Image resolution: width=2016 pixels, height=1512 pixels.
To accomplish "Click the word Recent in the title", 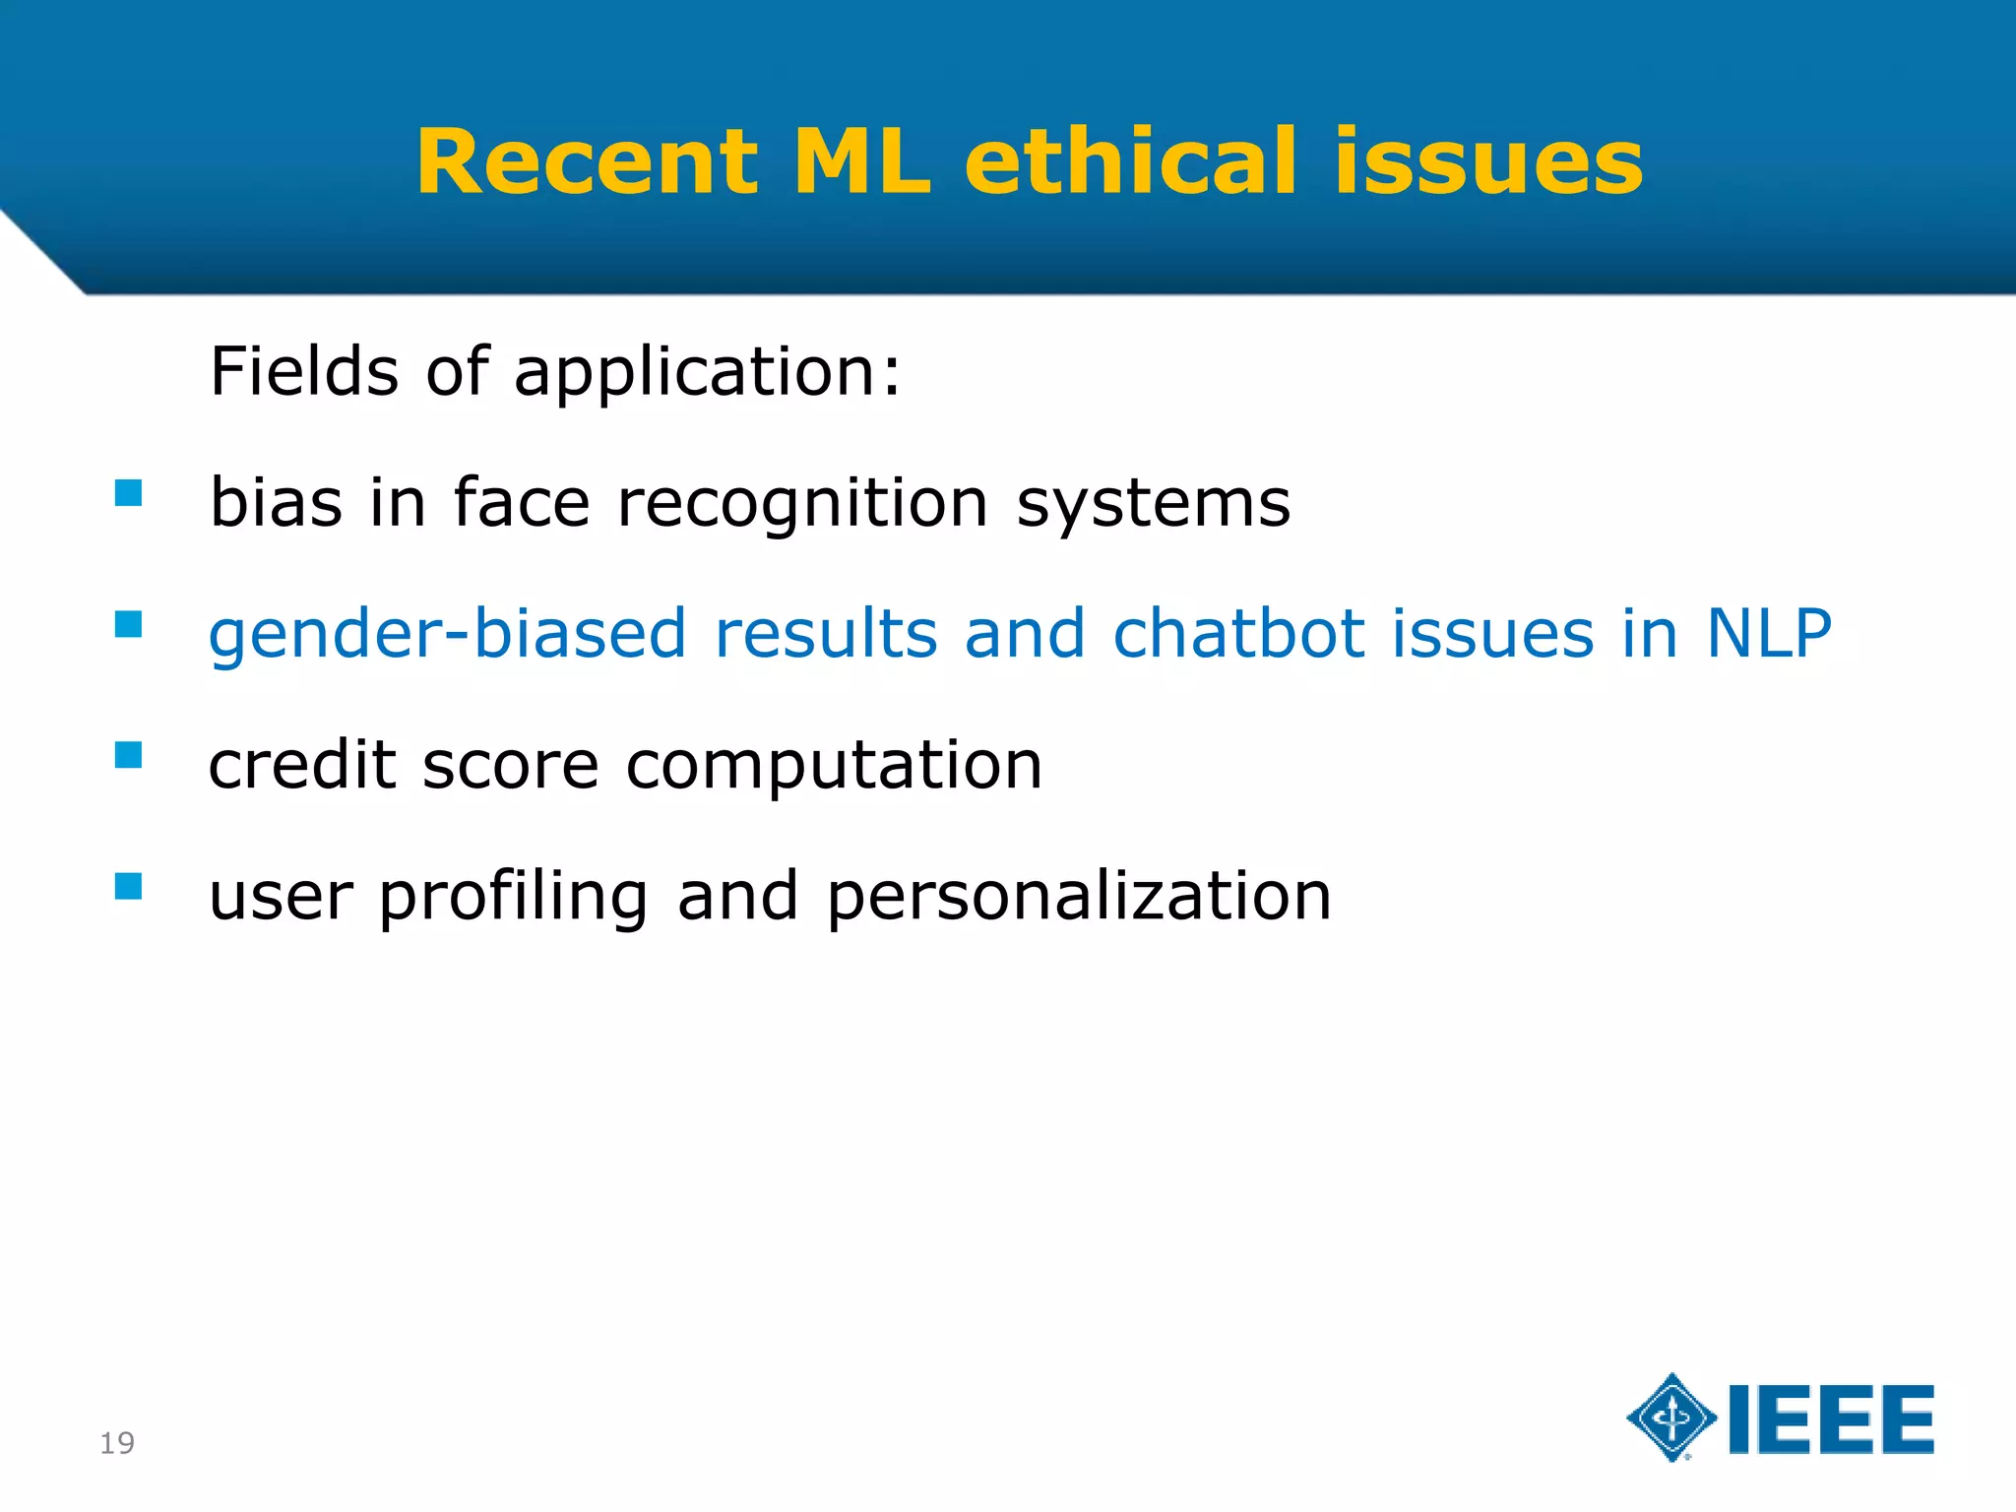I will (x=588, y=162).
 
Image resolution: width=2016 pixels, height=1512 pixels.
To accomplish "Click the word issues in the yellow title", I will (x=1488, y=162).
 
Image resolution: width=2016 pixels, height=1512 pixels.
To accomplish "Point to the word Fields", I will (x=304, y=372).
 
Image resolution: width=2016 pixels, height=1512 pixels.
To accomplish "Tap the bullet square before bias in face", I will (x=129, y=492).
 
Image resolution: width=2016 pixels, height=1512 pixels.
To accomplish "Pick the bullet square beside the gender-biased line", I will (x=129, y=624).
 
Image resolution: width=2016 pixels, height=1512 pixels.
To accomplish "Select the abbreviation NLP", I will (x=1768, y=634).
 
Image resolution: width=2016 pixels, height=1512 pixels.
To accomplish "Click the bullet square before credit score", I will (x=129, y=755).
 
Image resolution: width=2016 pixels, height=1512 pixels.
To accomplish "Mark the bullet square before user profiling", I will (x=129, y=886).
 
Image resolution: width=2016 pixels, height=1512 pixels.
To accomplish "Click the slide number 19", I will (x=117, y=1443).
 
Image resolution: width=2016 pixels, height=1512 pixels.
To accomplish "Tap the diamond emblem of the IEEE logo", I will (x=1671, y=1417).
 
